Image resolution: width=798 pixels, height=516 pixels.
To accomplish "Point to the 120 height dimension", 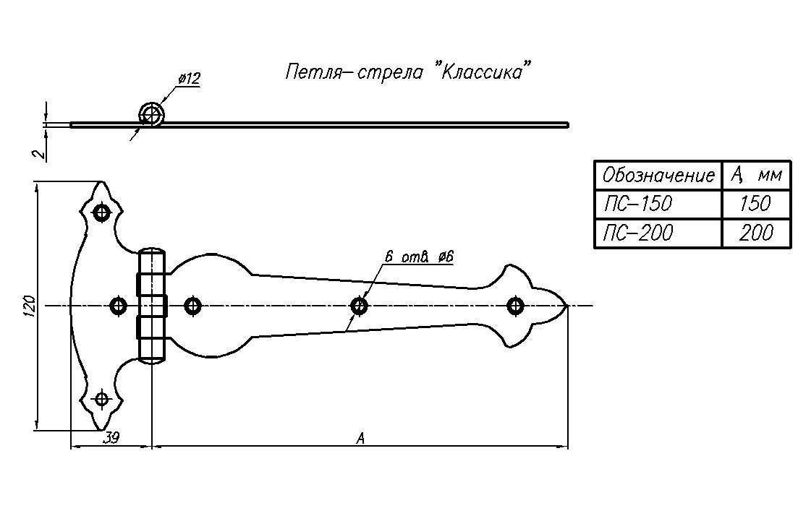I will pos(28,306).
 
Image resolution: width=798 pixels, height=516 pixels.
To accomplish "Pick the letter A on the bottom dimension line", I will pos(360,437).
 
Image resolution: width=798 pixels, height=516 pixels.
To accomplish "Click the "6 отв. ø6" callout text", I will pos(419,257).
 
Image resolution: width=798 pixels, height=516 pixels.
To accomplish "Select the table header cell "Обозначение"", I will pos(658,175).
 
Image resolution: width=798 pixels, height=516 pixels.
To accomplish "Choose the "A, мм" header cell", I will pos(756,175).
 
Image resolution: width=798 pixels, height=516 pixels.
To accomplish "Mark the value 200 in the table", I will pos(756,233).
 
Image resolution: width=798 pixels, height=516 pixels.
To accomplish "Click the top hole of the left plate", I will pos(101,213).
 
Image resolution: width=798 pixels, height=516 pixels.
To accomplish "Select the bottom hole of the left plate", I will pos(101,398).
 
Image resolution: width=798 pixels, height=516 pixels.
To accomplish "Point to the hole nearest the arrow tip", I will pos(515,306).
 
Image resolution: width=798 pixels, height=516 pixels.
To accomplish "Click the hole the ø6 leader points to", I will pos(359,306).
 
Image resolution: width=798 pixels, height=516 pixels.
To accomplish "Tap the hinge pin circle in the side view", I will pos(152,114).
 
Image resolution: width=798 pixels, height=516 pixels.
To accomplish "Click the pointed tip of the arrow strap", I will pos(566,306).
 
